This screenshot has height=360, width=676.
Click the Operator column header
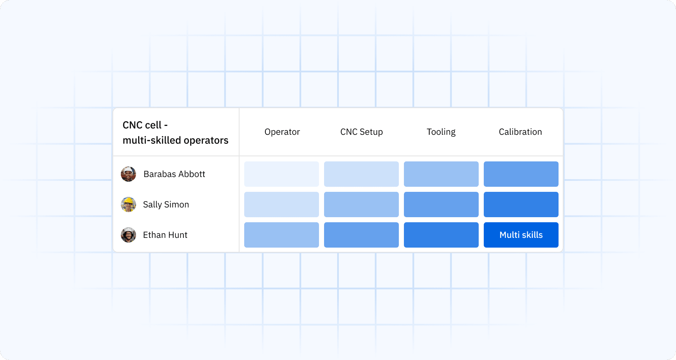[x=282, y=132]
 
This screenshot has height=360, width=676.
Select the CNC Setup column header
[x=361, y=132]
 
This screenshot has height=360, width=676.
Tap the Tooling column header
[x=441, y=132]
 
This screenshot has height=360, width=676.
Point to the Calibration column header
[x=520, y=132]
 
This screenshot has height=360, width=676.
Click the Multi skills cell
[x=521, y=235]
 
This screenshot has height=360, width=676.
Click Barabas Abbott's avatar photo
[x=128, y=174]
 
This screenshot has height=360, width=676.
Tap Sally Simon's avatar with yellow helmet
[x=128, y=205]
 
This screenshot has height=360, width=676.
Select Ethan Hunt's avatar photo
[x=128, y=235]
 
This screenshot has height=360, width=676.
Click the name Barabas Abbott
[x=174, y=174]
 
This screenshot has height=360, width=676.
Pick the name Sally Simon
[x=166, y=205]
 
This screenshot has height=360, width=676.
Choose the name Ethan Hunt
[x=165, y=235]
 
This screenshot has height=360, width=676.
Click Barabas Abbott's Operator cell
[x=281, y=174]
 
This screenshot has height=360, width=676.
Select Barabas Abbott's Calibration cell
[x=521, y=174]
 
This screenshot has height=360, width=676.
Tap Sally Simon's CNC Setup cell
[x=361, y=205]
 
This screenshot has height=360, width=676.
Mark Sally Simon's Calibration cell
[x=521, y=205]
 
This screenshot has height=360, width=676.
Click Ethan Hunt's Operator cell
[x=281, y=235]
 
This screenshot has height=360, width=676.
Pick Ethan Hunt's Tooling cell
[x=441, y=235]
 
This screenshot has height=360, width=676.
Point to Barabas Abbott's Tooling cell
[x=441, y=174]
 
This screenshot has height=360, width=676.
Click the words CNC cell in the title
[x=142, y=125]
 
